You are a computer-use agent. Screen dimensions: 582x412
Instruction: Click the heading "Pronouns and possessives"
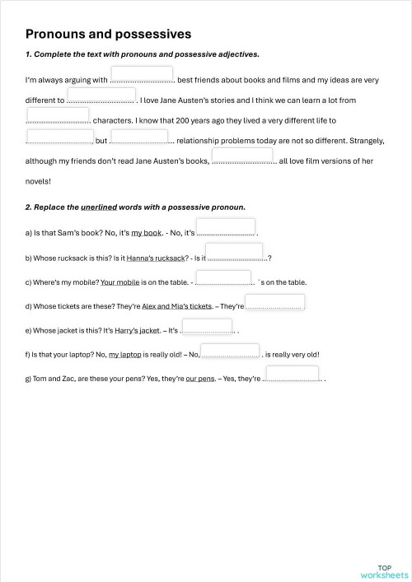pyautogui.click(x=108, y=35)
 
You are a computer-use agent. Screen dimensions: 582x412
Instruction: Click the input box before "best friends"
pyautogui.click(x=142, y=74)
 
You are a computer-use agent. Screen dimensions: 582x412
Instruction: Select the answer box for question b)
pyautogui.click(x=234, y=251)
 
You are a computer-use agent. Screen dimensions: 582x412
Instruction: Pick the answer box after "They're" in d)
pyautogui.click(x=275, y=302)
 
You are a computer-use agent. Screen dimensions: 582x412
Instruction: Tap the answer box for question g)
pyautogui.click(x=293, y=374)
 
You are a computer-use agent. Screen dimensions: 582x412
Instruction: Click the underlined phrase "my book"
pyautogui.click(x=147, y=234)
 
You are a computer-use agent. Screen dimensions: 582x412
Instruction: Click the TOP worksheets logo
pyautogui.click(x=383, y=571)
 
